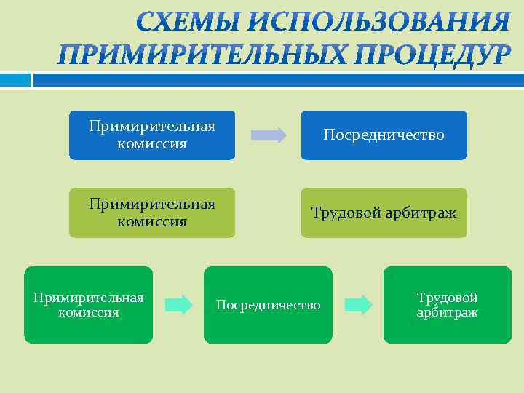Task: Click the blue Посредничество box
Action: pyautogui.click(x=384, y=135)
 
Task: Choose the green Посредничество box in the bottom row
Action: pyautogui.click(x=268, y=305)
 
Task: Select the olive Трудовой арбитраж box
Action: pyautogui.click(x=384, y=213)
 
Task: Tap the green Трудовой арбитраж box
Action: pyautogui.click(x=447, y=305)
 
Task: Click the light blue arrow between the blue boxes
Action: pyautogui.click(x=269, y=135)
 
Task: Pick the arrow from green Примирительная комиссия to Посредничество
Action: pyautogui.click(x=178, y=304)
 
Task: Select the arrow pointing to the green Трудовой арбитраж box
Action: pyautogui.click(x=357, y=304)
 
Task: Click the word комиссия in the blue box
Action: pyautogui.click(x=151, y=143)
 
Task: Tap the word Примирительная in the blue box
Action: pyautogui.click(x=151, y=127)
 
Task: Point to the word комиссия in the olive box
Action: pyautogui.click(x=151, y=221)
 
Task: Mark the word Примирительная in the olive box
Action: pyautogui.click(x=151, y=204)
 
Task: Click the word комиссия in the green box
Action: pyautogui.click(x=89, y=312)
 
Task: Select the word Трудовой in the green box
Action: pyautogui.click(x=447, y=297)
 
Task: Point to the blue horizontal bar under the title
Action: pyautogui.click(x=277, y=79)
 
